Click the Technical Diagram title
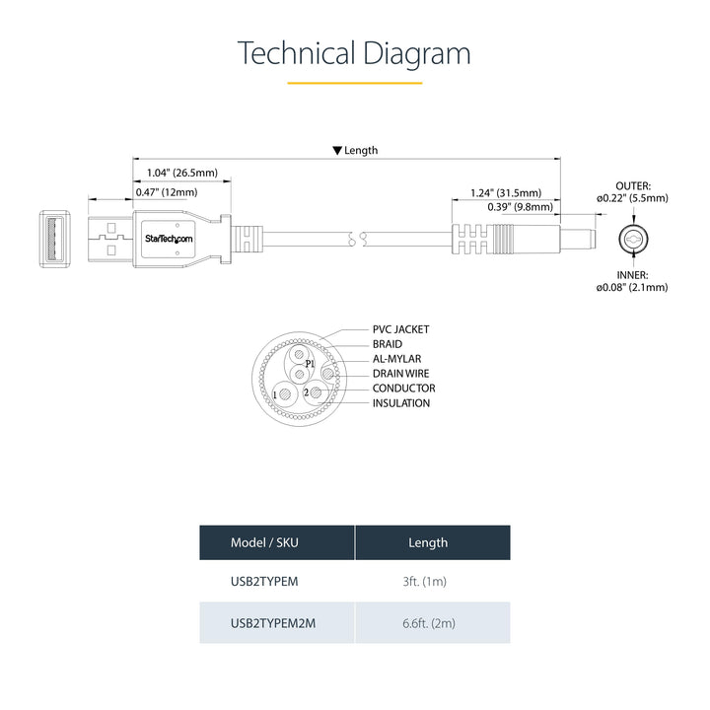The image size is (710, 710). click(x=354, y=53)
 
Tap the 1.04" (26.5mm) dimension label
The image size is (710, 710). click(x=181, y=173)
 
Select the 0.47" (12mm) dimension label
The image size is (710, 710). click(x=166, y=192)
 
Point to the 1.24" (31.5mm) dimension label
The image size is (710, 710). click(x=505, y=192)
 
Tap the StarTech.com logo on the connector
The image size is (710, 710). click(x=170, y=239)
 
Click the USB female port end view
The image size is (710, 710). click(x=56, y=239)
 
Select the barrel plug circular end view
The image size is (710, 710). click(x=631, y=239)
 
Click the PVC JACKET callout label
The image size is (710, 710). click(x=400, y=329)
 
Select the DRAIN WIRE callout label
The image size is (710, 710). click(x=400, y=374)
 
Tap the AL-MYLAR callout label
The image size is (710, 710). click(x=399, y=359)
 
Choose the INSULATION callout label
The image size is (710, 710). click(x=400, y=402)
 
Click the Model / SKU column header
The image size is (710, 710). click(x=263, y=542)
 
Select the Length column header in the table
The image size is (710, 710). click(x=428, y=542)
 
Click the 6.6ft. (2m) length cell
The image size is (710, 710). click(x=428, y=623)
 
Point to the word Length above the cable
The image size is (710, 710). click(x=360, y=151)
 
